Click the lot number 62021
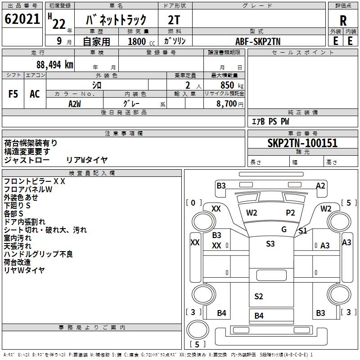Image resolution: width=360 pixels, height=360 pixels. click(22, 19)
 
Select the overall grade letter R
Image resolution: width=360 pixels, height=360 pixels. click(343, 21)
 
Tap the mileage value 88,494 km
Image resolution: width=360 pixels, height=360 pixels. click(55, 65)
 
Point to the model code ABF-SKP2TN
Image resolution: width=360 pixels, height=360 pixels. click(258, 41)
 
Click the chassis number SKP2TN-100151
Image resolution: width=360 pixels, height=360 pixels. click(302, 143)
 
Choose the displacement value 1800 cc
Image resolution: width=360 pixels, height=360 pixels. click(141, 41)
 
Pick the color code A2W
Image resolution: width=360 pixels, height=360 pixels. click(75, 104)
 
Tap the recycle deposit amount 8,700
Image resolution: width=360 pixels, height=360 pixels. click(227, 103)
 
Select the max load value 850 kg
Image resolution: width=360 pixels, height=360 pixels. click(232, 85)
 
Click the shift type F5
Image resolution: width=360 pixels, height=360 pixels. click(13, 94)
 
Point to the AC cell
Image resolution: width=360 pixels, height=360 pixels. click(35, 94)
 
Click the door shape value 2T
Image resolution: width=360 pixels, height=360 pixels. click(174, 20)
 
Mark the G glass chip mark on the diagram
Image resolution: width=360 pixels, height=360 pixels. click(284, 229)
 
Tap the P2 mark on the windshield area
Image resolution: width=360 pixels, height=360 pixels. click(290, 213)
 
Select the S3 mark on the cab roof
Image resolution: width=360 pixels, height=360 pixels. click(270, 243)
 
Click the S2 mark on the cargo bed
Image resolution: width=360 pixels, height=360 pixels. click(258, 297)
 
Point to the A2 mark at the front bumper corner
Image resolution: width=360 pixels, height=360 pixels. click(320, 185)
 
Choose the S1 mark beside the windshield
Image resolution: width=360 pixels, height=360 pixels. click(302, 230)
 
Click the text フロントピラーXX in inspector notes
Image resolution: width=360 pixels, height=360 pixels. click(35, 181)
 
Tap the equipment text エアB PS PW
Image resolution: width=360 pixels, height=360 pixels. click(270, 121)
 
